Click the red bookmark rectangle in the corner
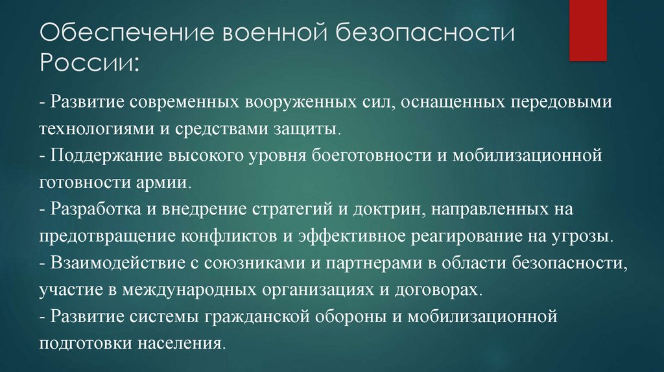pos(587,30)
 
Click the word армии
pos(167,183)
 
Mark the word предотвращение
pos(100,237)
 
